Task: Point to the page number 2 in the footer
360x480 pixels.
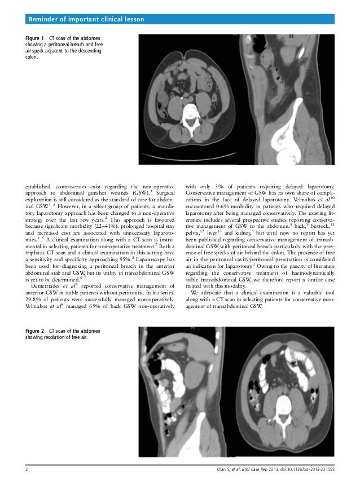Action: [20, 469]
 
